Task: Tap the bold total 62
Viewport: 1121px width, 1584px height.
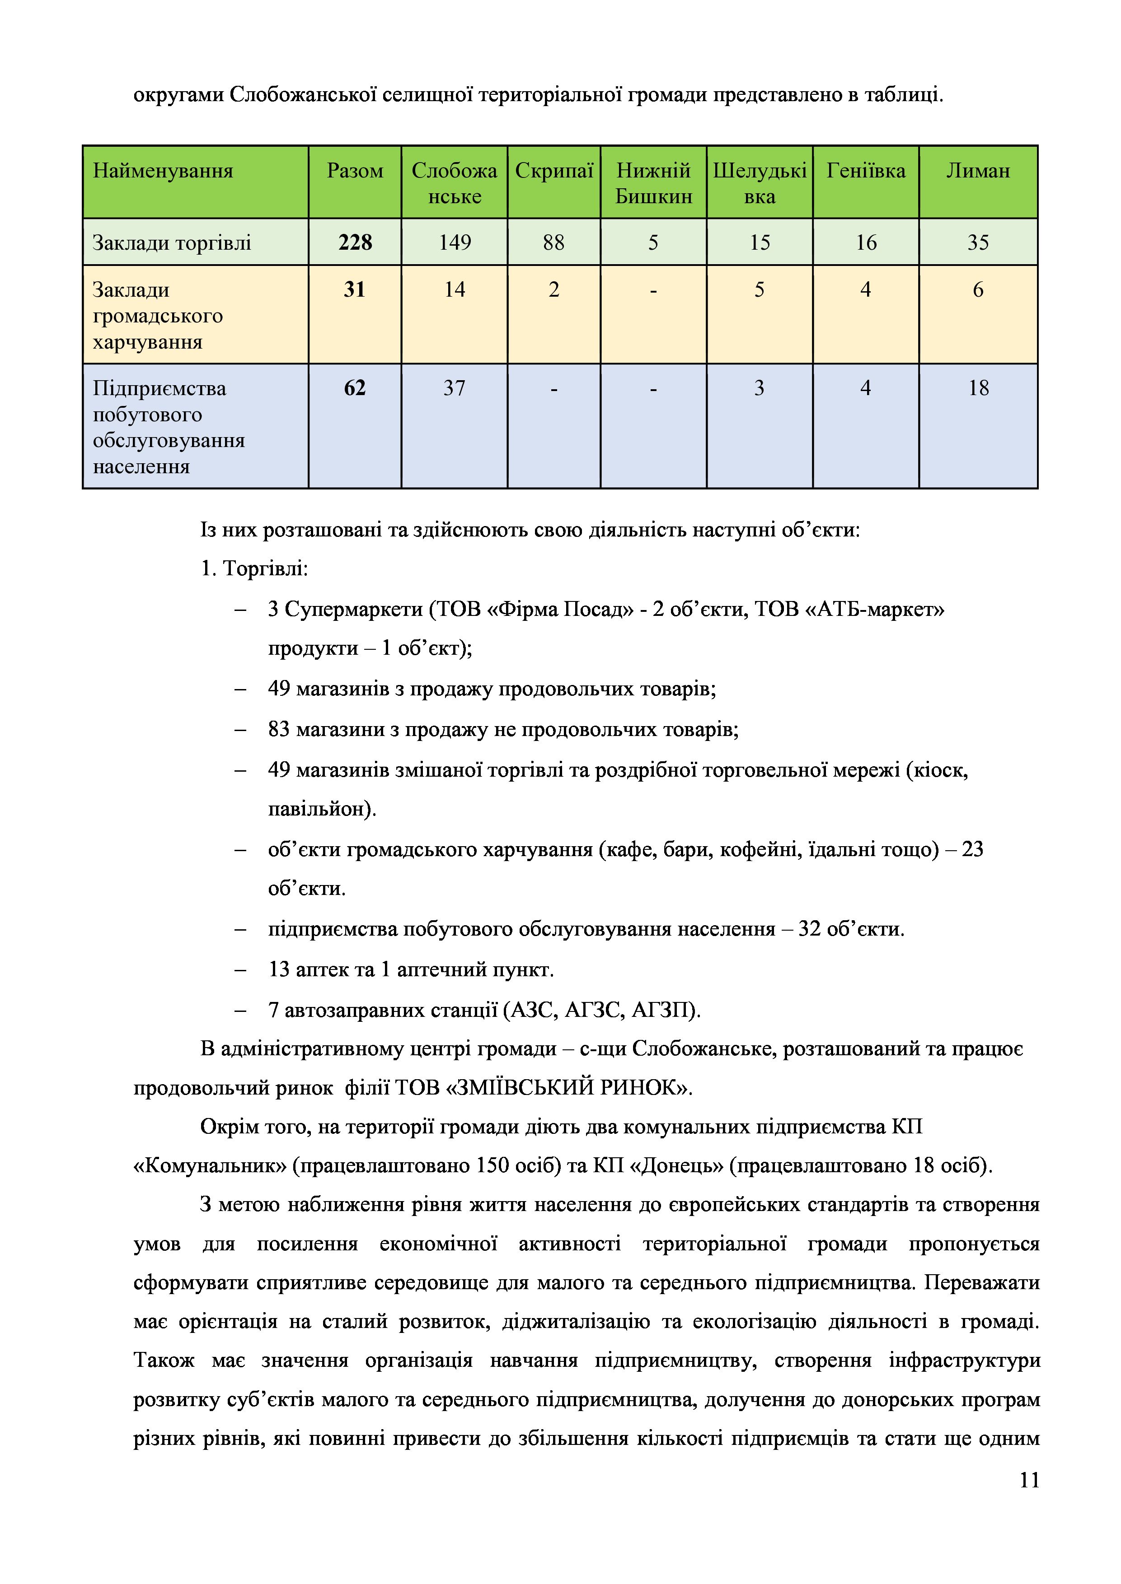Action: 354,388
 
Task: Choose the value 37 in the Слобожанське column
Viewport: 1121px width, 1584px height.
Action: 454,388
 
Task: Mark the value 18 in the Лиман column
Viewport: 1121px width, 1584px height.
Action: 978,388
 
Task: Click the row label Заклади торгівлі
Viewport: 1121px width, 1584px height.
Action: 172,243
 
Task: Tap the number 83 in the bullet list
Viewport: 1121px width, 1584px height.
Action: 279,729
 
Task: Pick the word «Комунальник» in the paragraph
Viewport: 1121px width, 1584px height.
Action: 210,1165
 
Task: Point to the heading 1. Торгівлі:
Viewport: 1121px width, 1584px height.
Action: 254,569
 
